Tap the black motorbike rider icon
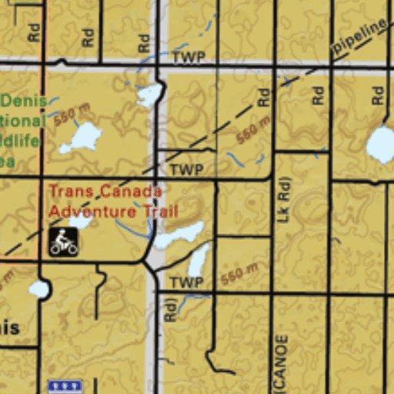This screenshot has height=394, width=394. [63, 241]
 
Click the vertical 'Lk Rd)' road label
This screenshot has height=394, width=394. [284, 199]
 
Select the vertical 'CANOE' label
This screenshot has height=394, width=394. [281, 362]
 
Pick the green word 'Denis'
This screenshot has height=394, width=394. [23, 102]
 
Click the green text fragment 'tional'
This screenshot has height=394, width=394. [23, 122]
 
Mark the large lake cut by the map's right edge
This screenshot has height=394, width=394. [381, 144]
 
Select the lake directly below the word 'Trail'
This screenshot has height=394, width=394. [178, 235]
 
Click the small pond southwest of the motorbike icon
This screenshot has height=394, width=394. [38, 289]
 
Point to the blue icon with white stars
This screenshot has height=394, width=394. [65, 387]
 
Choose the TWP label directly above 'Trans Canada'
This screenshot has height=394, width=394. [185, 170]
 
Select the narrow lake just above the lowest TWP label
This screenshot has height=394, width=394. [198, 259]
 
